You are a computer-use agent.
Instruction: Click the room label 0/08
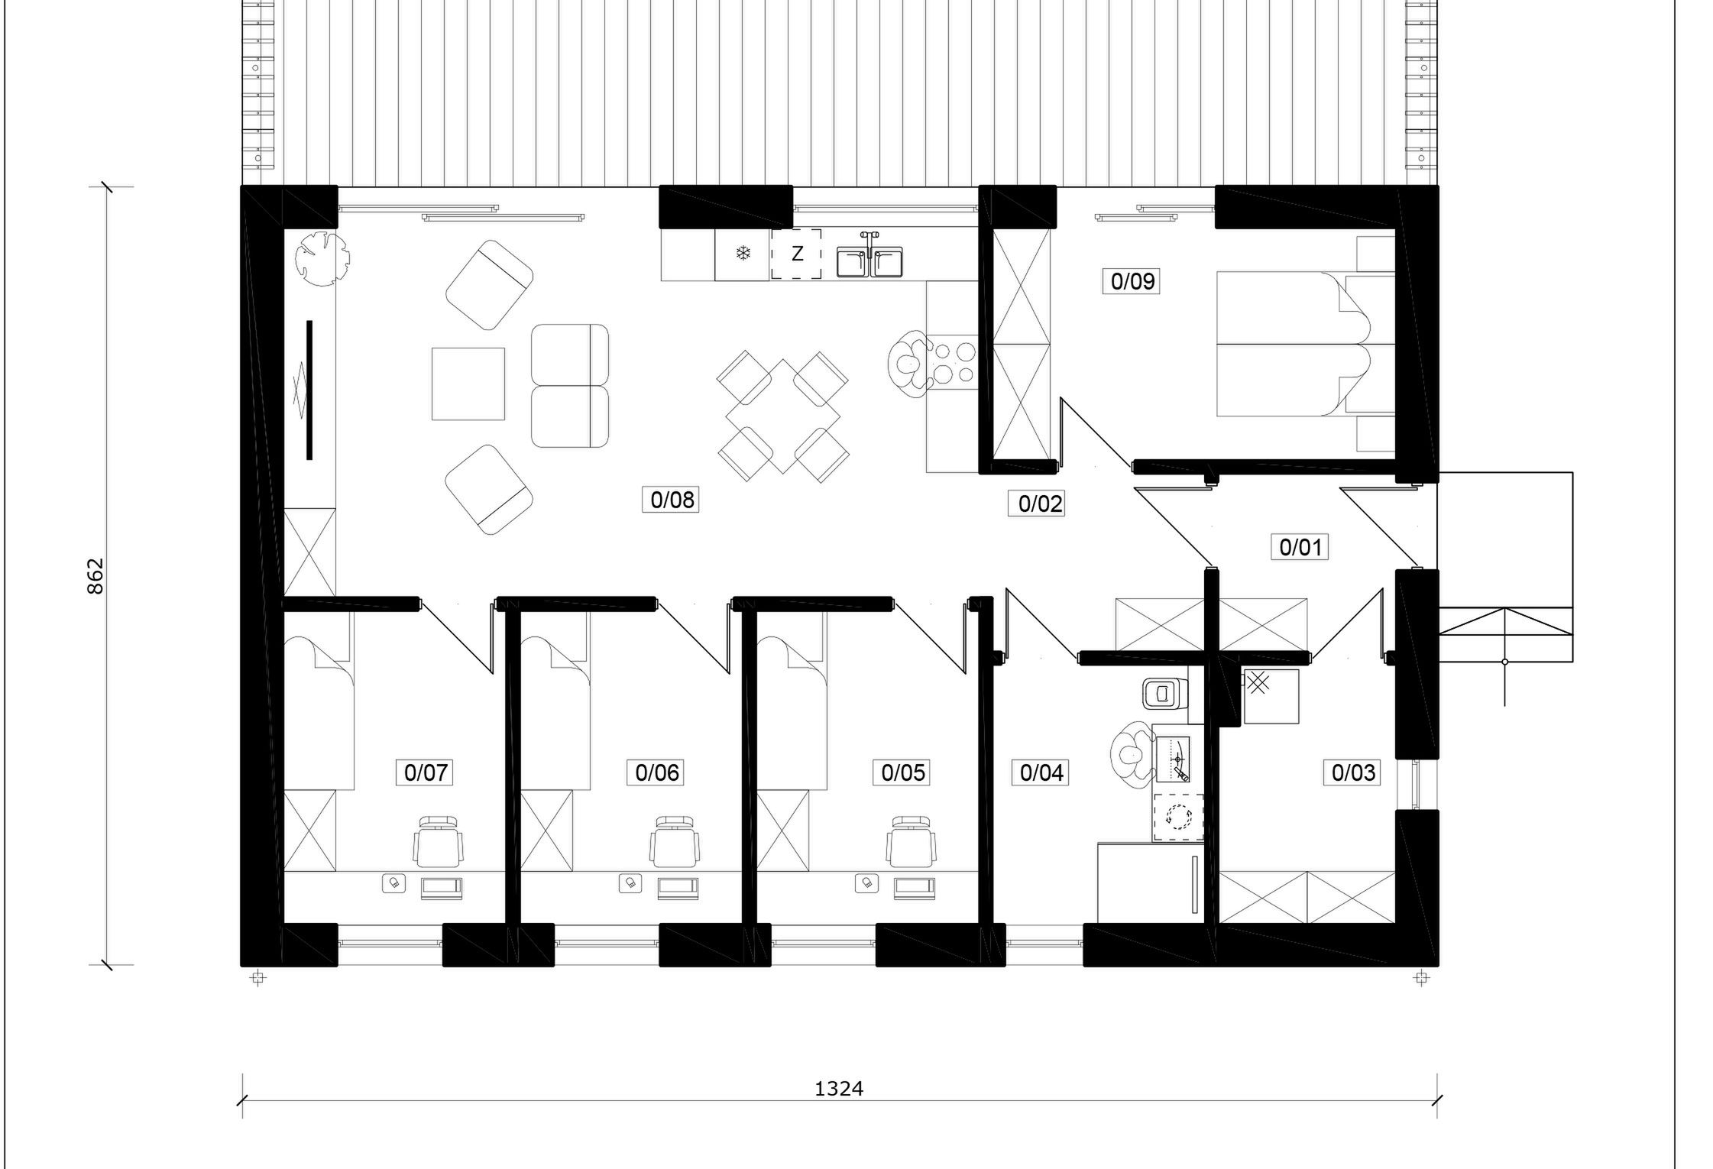click(672, 500)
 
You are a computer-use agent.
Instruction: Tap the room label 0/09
click(1132, 281)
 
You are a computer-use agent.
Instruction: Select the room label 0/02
click(1041, 504)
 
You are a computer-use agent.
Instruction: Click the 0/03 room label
click(1353, 772)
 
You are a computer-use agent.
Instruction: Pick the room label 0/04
click(1042, 772)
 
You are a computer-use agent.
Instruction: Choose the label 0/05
click(903, 772)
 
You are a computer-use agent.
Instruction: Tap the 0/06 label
click(657, 772)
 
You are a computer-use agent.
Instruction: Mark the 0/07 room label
click(426, 772)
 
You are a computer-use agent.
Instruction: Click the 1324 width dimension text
click(839, 1089)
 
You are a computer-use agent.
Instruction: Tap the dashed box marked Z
click(796, 254)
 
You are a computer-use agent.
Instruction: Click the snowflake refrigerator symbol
click(743, 254)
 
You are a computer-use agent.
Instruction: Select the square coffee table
click(468, 384)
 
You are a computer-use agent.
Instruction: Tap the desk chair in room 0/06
click(675, 841)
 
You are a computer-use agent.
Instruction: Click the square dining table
click(783, 416)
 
